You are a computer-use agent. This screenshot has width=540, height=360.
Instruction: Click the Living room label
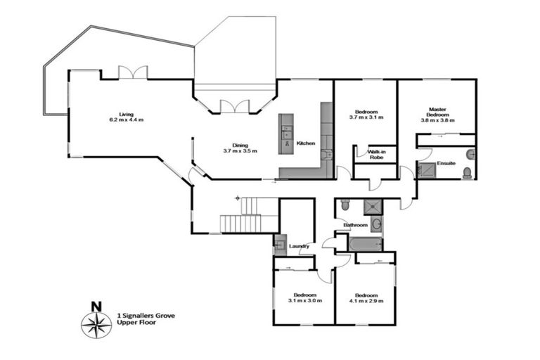pos(126,114)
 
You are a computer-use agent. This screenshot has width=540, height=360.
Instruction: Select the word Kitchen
pos(306,143)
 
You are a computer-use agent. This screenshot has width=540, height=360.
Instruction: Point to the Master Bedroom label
pos(437,112)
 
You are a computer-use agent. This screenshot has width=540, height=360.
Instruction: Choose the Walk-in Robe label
pos(367,155)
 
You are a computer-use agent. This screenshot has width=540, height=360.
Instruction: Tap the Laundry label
pos(299,246)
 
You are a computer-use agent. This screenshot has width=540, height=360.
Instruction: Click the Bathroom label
pos(355,225)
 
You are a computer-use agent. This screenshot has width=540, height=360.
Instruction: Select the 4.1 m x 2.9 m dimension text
pos(366,301)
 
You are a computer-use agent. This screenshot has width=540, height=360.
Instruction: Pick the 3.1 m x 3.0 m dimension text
pos(304,301)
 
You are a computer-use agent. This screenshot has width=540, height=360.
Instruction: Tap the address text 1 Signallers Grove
pos(146,316)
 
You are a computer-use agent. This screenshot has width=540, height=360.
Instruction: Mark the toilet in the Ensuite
pos(468,172)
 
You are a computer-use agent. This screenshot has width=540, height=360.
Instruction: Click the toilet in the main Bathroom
pos(345,205)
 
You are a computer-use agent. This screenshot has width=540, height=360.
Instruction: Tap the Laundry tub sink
pos(279,245)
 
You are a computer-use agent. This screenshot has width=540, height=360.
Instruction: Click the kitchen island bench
pos(286,133)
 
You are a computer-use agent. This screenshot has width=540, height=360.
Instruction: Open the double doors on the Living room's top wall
pos(132,72)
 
